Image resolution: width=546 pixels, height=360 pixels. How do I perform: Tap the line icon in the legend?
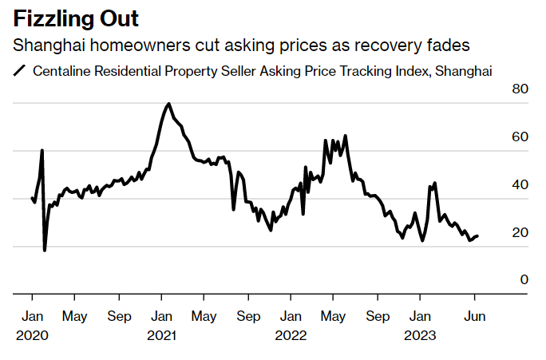click(20, 71)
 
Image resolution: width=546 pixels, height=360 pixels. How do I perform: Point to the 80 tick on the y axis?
click(520, 89)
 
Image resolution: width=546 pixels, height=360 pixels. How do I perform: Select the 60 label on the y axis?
click(520, 136)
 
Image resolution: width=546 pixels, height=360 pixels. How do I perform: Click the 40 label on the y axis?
click(520, 184)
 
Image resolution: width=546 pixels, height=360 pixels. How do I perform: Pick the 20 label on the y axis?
click(520, 232)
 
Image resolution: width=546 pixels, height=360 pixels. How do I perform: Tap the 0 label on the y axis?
click(524, 279)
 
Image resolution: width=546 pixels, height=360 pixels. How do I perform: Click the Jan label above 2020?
click(32, 316)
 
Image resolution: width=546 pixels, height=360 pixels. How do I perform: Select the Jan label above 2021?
click(163, 316)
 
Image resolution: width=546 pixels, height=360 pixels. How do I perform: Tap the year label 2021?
click(163, 335)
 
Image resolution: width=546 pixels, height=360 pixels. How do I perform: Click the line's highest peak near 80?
click(168, 104)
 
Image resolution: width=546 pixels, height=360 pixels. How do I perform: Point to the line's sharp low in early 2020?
click(45, 250)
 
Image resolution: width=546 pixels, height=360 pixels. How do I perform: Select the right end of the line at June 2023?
click(477, 235)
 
